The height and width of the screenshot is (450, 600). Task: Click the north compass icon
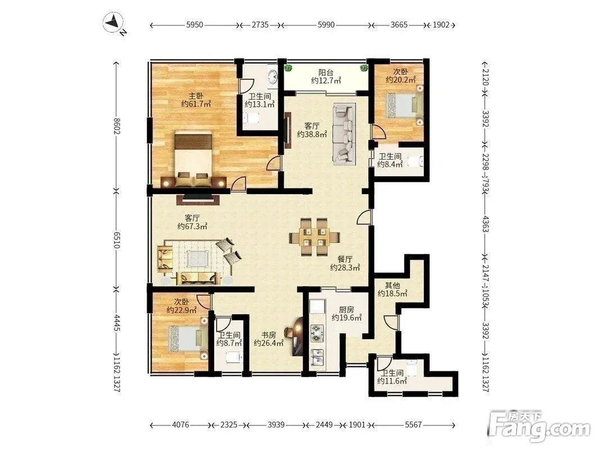(113, 23)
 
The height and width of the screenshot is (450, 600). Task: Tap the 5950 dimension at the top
(195, 25)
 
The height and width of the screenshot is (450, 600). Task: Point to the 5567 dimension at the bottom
(413, 425)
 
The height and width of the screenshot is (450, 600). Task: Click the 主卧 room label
(196, 96)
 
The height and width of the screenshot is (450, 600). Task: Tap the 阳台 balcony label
(326, 73)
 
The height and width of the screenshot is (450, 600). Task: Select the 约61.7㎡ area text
(196, 104)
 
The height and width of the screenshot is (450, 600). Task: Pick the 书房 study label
(269, 335)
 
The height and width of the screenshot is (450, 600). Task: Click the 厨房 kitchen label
(346, 309)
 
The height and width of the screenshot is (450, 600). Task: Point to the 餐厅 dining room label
(345, 259)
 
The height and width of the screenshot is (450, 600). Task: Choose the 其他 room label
(392, 285)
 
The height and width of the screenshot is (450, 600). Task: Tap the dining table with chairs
(314, 237)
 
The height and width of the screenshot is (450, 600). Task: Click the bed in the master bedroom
(193, 159)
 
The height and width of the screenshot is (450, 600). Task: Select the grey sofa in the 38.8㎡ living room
(344, 133)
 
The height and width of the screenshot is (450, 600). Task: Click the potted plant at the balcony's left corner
(288, 69)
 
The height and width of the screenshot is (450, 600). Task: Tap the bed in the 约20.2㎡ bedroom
(404, 105)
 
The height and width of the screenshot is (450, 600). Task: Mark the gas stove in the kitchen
(317, 332)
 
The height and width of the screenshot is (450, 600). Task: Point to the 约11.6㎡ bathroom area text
(392, 381)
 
